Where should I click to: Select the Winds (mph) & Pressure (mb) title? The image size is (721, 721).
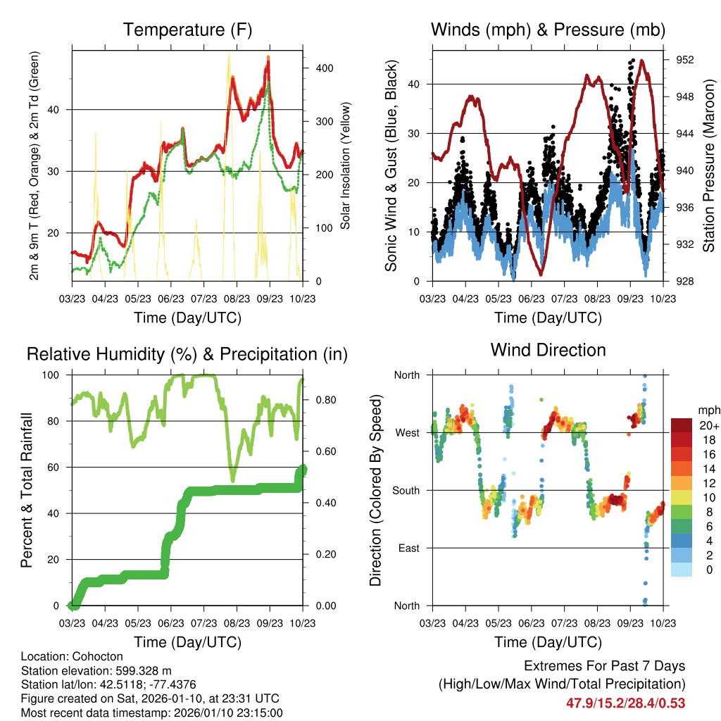coord(548,30)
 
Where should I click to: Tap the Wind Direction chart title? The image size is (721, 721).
coord(548,350)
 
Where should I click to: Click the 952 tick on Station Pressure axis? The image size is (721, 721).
coord(684,61)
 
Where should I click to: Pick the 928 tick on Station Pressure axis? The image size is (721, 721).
coord(684,282)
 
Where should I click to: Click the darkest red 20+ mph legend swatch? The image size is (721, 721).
coord(681,425)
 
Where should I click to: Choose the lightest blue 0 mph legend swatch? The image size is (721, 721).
coord(681,570)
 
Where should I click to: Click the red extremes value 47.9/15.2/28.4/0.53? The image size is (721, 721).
coord(625,703)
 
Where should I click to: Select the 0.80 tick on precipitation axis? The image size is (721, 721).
coord(320,400)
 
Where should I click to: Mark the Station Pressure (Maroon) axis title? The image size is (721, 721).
coord(709,166)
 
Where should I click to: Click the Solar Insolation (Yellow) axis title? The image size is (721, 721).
coord(346,166)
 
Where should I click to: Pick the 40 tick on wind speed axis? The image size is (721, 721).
coord(413,84)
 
